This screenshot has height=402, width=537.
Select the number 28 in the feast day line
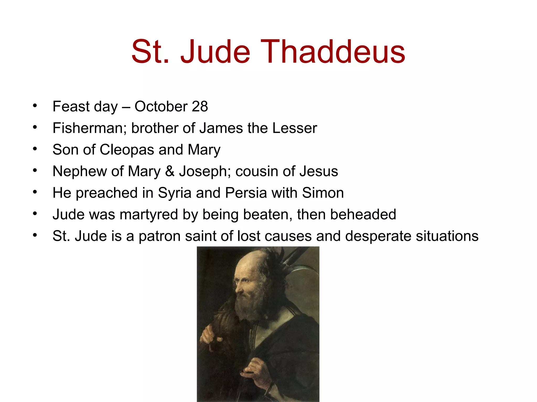pos(200,107)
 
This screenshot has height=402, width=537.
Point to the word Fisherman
pos(89,128)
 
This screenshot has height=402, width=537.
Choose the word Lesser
pos(294,128)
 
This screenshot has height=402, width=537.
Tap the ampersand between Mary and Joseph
pos(170,171)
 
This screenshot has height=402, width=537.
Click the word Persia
pos(246,193)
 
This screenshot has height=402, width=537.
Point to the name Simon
pos(323,193)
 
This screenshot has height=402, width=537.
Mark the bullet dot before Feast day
pos(35,106)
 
